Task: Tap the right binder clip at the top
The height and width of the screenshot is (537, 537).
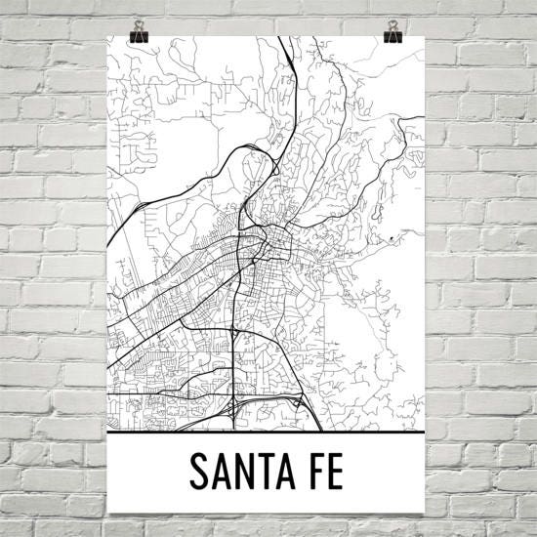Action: tap(393, 32)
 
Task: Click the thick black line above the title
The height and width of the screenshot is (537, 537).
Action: tap(268, 431)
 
